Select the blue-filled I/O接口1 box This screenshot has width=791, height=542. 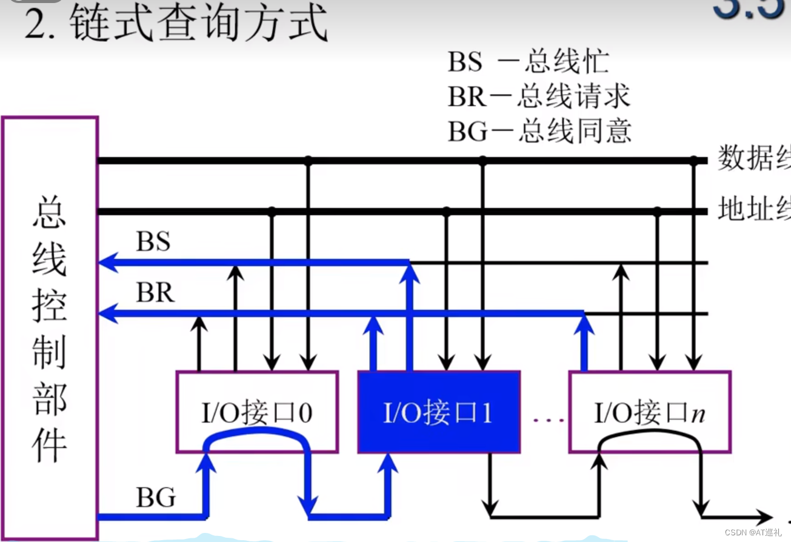tap(438, 412)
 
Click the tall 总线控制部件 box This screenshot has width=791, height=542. tap(50, 327)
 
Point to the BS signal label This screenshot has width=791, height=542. tap(153, 242)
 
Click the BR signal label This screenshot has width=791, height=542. tap(155, 293)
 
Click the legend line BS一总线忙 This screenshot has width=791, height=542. tap(528, 62)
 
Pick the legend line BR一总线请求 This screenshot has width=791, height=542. tap(539, 96)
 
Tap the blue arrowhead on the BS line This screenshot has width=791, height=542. tap(108, 263)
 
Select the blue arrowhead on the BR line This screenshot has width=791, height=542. tap(108, 313)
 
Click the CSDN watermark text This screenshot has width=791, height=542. tap(750, 532)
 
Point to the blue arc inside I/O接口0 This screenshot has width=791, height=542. tap(256, 431)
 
